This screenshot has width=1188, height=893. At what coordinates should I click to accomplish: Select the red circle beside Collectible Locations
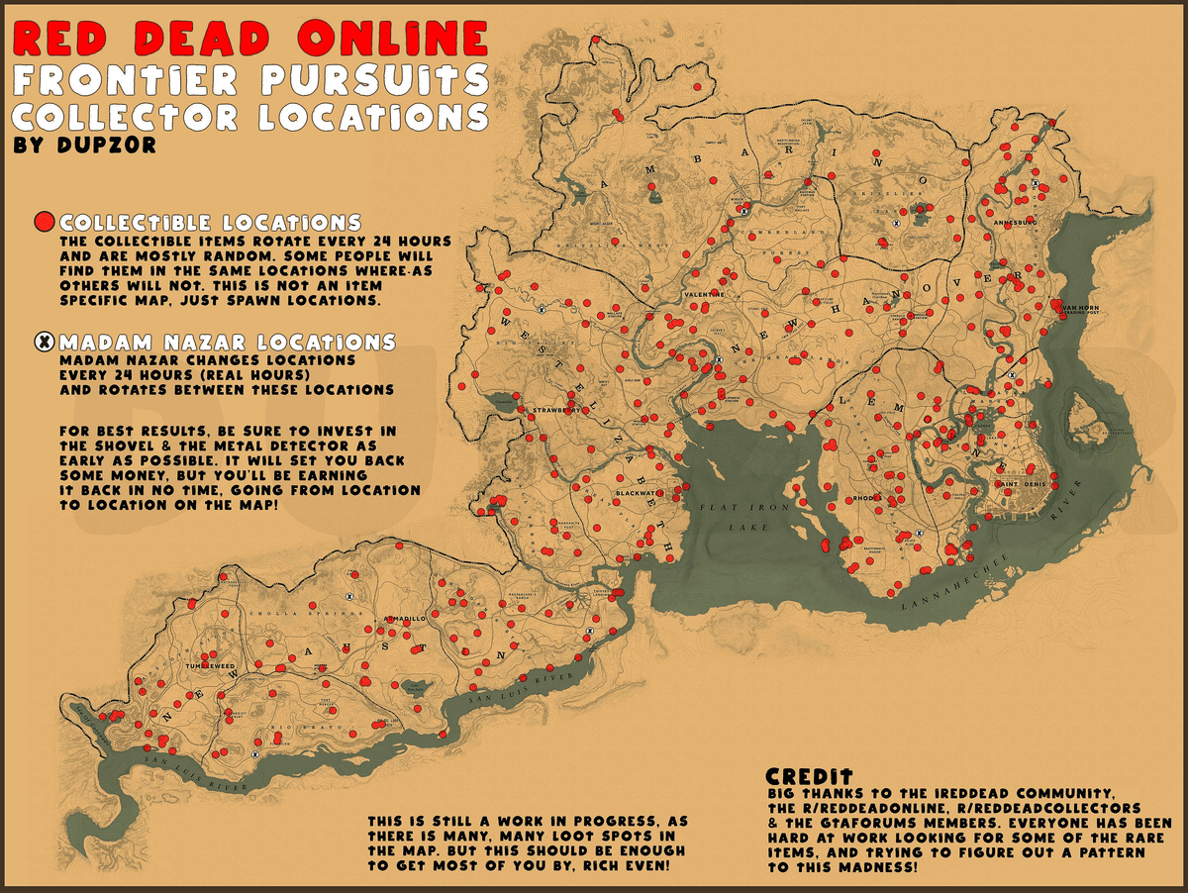click(x=45, y=222)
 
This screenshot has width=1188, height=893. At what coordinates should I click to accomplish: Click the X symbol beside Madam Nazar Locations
click(x=45, y=343)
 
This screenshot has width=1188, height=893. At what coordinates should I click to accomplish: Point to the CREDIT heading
click(x=810, y=778)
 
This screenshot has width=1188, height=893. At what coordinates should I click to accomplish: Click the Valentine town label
click(x=703, y=294)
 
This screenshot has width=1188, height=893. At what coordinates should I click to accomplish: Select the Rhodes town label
click(x=867, y=498)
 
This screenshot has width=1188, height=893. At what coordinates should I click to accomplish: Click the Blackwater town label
click(x=635, y=492)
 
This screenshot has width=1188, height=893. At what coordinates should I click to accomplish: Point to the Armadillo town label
click(x=405, y=618)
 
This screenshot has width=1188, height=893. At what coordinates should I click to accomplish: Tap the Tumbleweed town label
click(x=210, y=666)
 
